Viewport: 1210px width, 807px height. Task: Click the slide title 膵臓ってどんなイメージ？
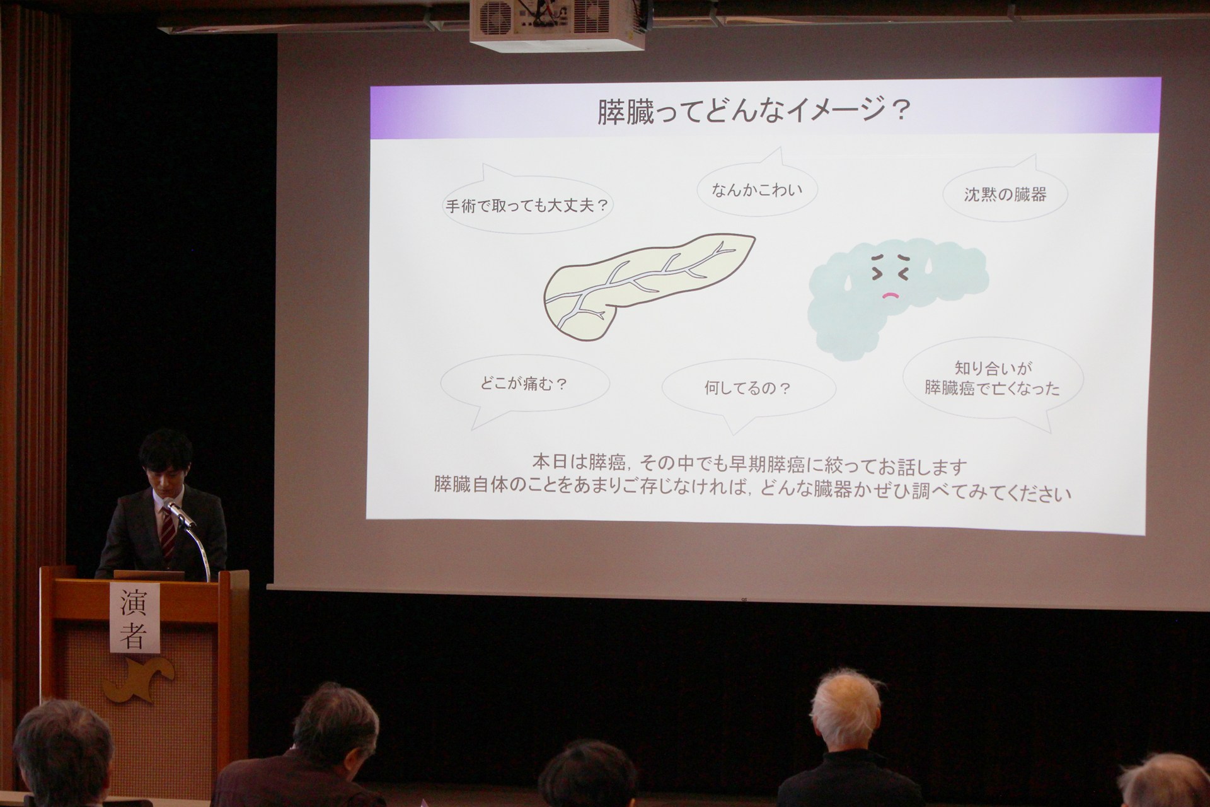(754, 111)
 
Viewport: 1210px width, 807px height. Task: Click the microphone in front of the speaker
(180, 513)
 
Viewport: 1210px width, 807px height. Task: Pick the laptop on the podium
(149, 575)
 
